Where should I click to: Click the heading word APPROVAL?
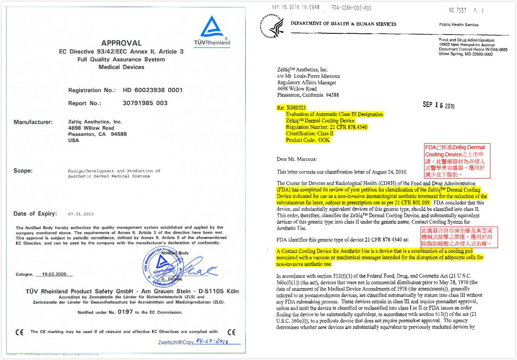pos(121,43)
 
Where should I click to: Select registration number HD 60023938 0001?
pos(153,90)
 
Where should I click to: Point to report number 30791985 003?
pos(145,103)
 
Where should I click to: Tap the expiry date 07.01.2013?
pos(81,214)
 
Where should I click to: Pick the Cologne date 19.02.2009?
pos(54,274)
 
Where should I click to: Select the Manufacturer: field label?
pos(33,122)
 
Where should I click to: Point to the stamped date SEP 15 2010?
pos(438,105)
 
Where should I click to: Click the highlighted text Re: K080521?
pos(291,108)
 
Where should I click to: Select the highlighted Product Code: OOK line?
pos(308,140)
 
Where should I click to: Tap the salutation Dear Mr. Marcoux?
pos(297,159)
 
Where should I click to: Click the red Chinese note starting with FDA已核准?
pos(457,161)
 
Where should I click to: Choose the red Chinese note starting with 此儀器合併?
pos(459,237)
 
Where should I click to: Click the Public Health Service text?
pos(459,25)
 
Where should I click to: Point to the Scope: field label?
pos(23,171)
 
